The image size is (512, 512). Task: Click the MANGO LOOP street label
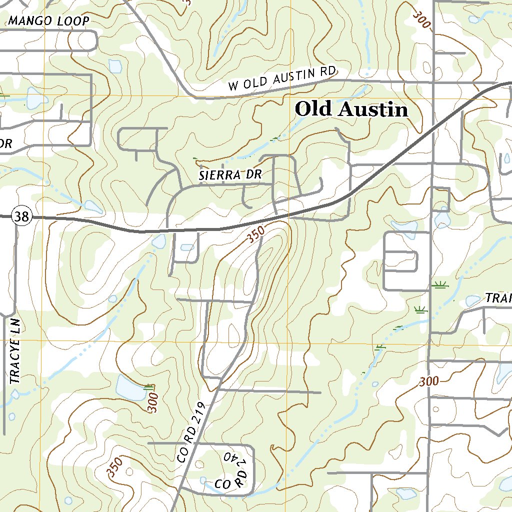coord(49,21)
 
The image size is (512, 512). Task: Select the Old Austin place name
coord(351,109)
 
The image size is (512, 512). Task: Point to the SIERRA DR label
coord(230,175)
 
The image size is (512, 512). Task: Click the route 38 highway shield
coord(22,216)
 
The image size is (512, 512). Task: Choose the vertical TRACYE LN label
coord(15,351)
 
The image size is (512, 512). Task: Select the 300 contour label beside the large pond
coord(153,401)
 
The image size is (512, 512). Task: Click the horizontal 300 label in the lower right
coord(429,381)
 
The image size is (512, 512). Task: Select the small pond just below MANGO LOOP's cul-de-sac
coord(115,66)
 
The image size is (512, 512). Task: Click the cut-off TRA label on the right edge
coord(498,298)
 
